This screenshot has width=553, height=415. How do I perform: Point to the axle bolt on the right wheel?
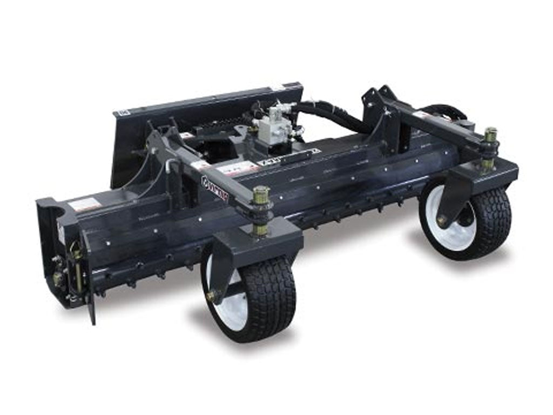[441, 221]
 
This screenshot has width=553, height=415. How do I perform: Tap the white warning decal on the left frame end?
[84, 204]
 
